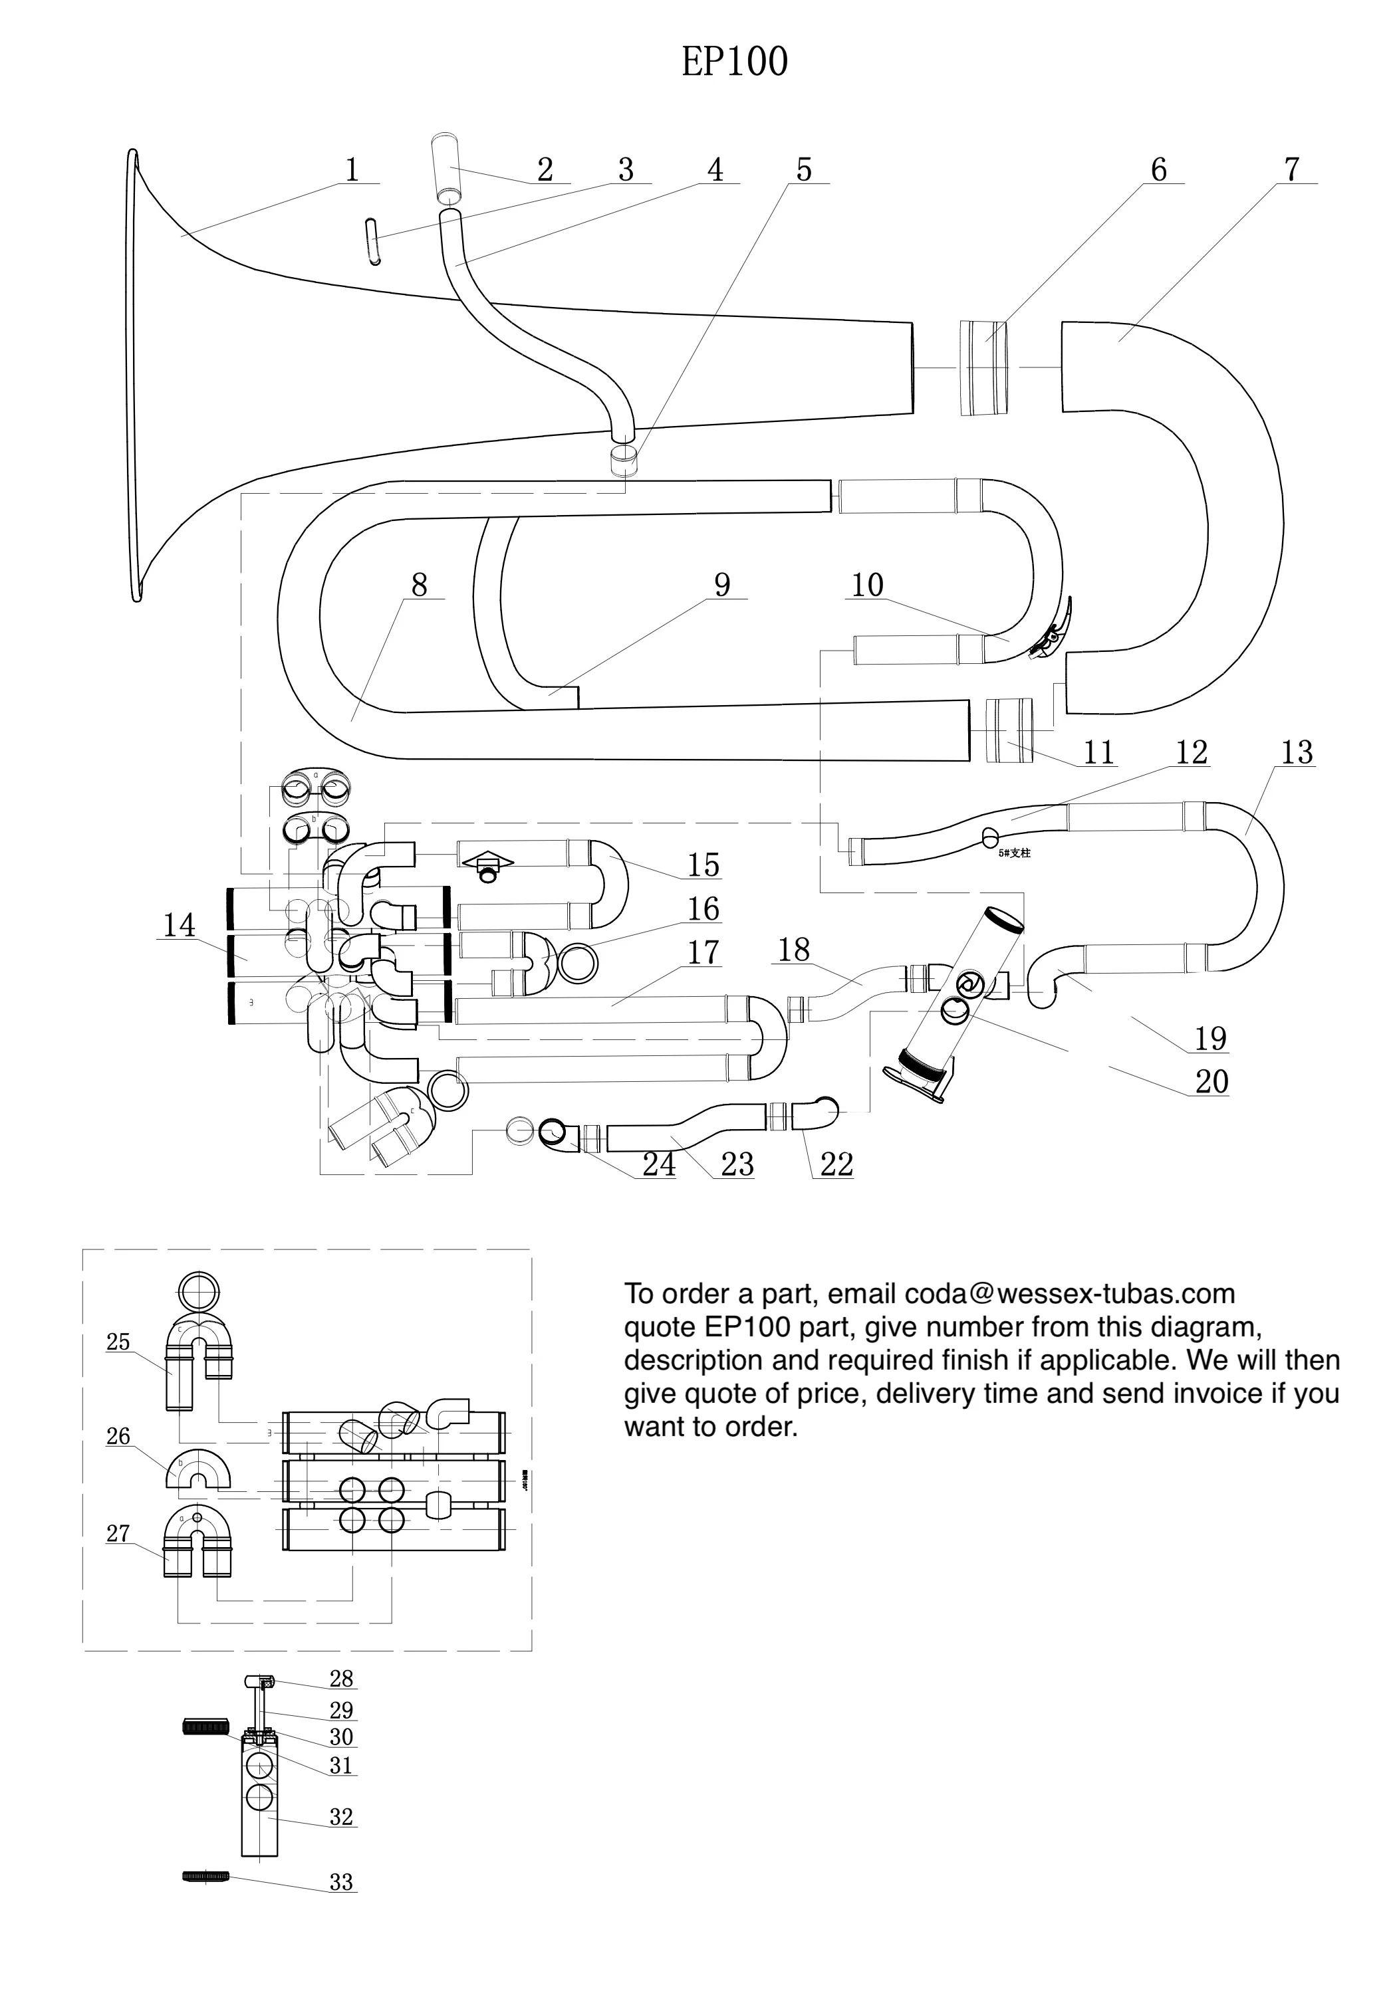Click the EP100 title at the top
tap(734, 62)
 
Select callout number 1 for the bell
tap(352, 169)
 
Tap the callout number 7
tap(1292, 169)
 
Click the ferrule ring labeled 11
tap(1009, 730)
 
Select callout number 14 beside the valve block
tap(180, 924)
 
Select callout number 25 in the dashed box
tap(118, 1342)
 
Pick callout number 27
tap(118, 1533)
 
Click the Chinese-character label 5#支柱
tap(1015, 853)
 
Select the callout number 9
tap(722, 585)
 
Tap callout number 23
tap(737, 1164)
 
